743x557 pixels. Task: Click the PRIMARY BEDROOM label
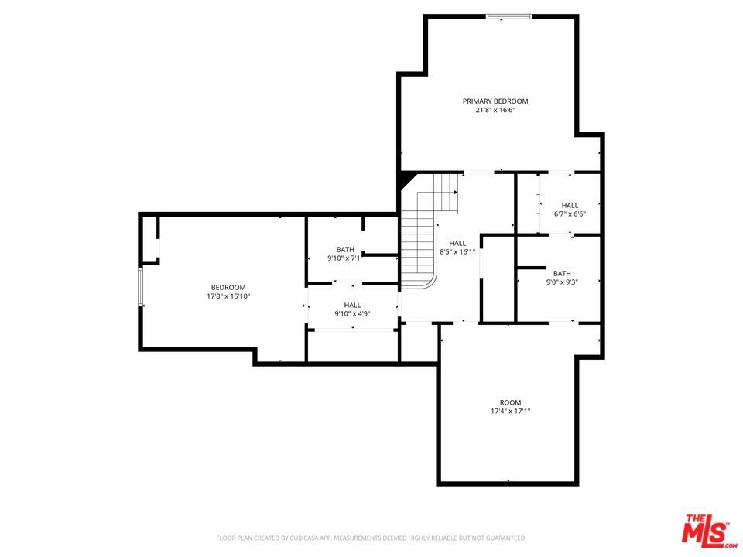[495, 101]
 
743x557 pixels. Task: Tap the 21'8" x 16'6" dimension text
[495, 110]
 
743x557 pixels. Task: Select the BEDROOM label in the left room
[228, 288]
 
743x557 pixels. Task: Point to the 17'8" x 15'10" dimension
[228, 296]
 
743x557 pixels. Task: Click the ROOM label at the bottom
[510, 402]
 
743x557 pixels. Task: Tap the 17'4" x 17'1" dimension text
[510, 411]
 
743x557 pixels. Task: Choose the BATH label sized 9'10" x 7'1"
[345, 250]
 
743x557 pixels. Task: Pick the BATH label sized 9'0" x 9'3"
[562, 273]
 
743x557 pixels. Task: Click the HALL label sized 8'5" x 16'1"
[457, 243]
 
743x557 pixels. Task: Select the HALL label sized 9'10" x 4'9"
[353, 305]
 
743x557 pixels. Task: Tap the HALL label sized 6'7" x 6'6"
[570, 205]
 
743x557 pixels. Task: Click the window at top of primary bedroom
[509, 16]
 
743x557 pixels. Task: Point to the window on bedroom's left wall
[141, 287]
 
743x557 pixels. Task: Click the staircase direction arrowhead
[456, 193]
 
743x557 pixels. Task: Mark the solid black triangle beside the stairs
[406, 179]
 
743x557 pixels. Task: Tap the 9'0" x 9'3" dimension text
[562, 282]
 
